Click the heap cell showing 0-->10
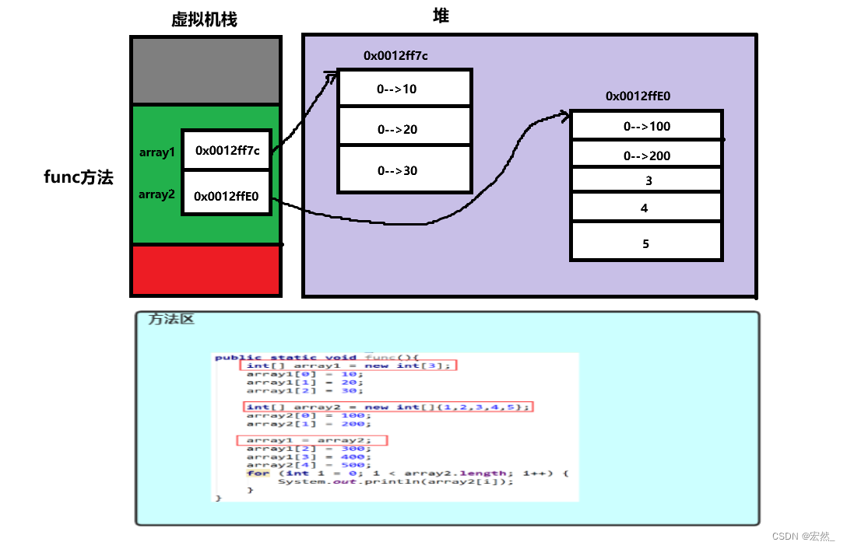(405, 89)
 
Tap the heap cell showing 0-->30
(405, 170)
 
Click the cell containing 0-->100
(647, 126)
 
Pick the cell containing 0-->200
(647, 156)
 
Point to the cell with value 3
(647, 180)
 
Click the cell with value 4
(647, 208)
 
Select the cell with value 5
(647, 243)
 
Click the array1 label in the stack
(157, 152)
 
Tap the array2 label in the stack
(157, 194)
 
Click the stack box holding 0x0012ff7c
(227, 150)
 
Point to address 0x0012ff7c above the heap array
(395, 56)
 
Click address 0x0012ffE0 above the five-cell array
(638, 96)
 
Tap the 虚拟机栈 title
(204, 19)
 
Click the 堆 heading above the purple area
(441, 16)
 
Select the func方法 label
(78, 177)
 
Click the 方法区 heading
(171, 319)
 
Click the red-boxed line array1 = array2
(311, 440)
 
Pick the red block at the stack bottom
(206, 271)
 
